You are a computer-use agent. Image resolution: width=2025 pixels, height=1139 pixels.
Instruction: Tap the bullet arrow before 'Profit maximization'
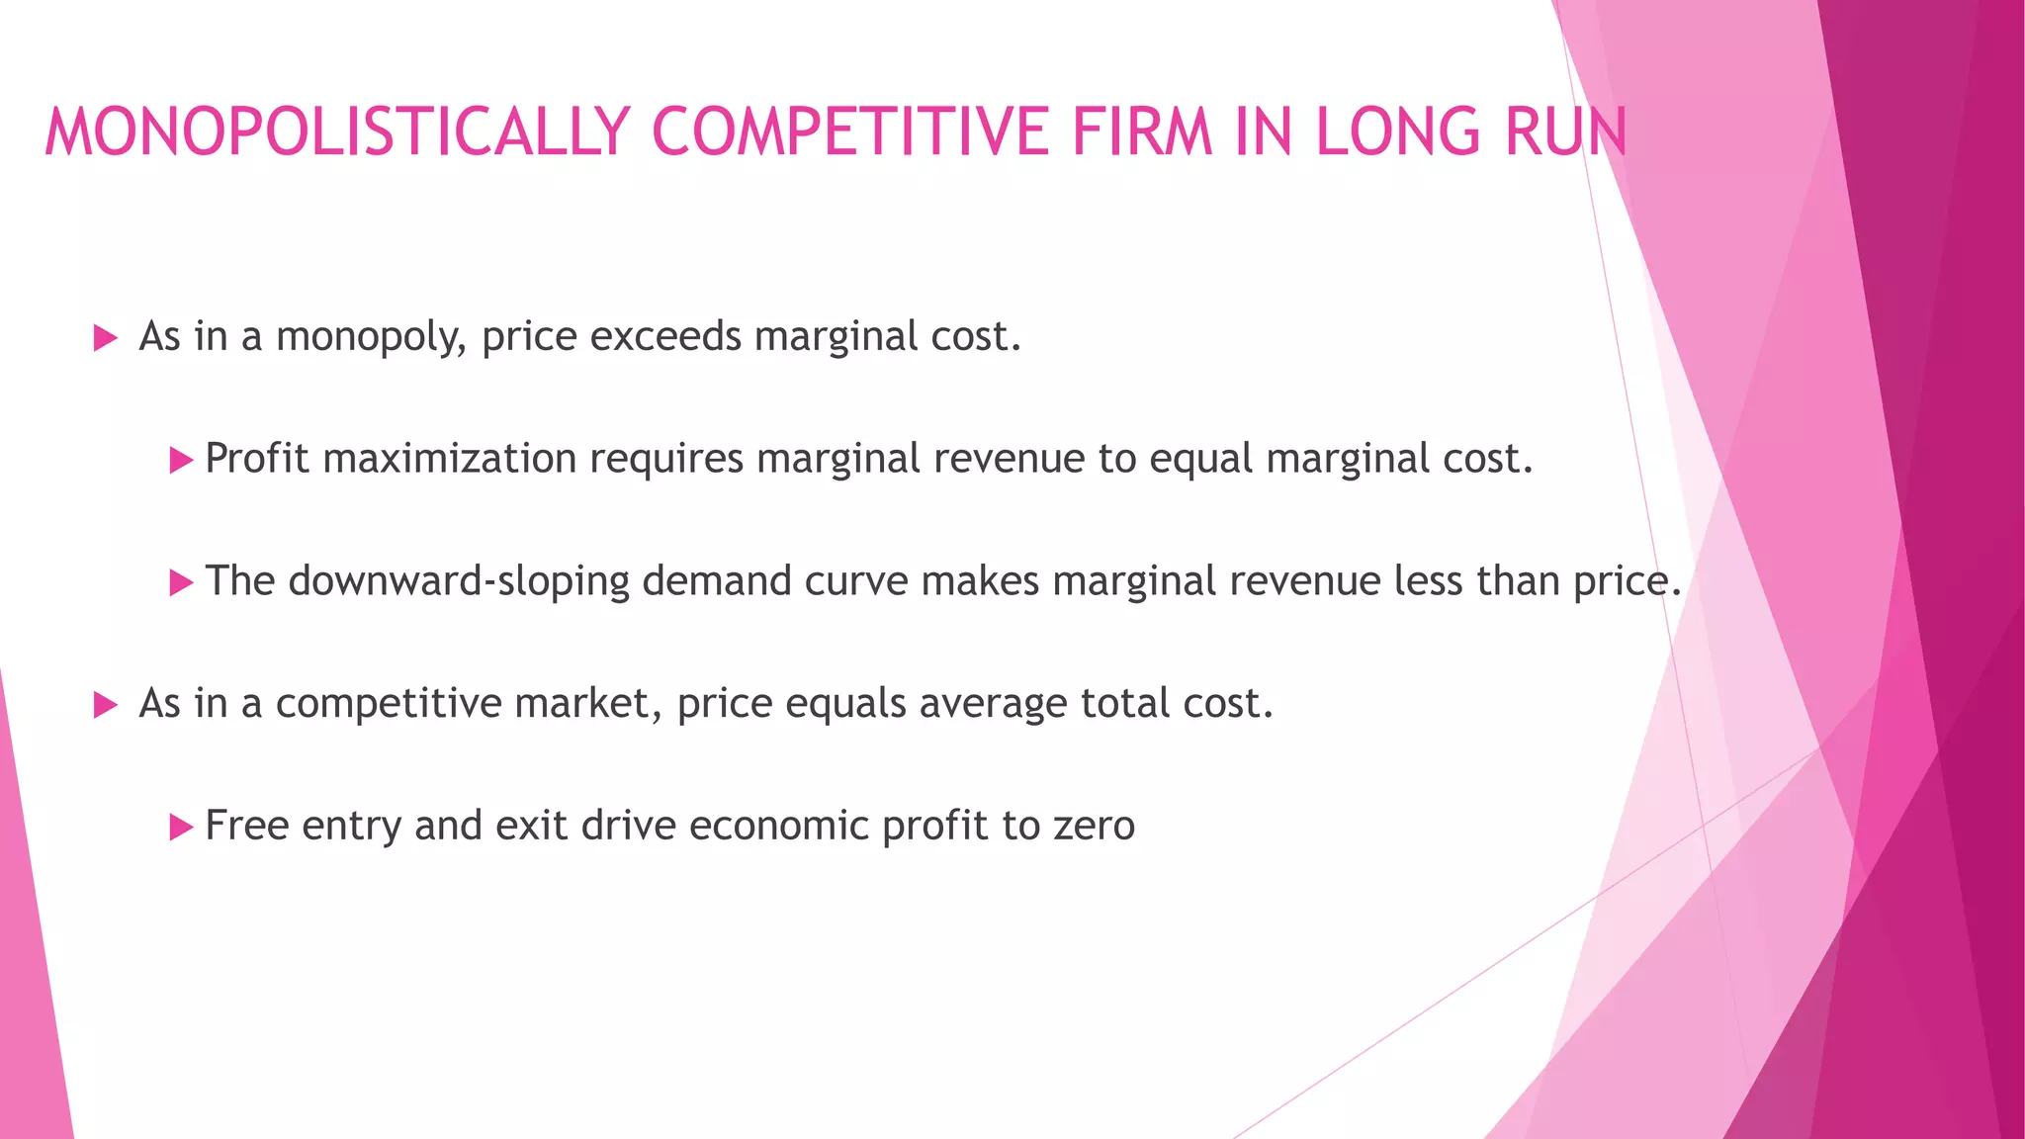coord(181,461)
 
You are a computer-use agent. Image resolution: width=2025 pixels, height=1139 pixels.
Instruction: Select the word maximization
coord(450,459)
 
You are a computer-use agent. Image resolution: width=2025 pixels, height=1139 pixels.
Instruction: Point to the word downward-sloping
coord(459,582)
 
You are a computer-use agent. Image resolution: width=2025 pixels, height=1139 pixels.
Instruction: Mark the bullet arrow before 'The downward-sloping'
coord(181,583)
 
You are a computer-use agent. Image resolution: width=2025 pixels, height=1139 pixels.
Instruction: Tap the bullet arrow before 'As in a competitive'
coord(105,706)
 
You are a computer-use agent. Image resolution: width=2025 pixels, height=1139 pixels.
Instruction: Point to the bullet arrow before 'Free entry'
coord(181,828)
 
